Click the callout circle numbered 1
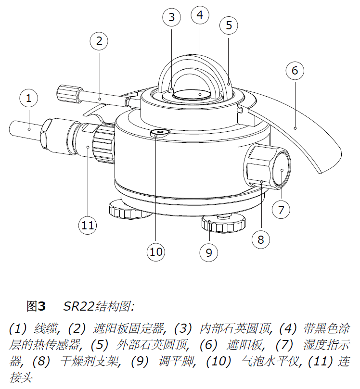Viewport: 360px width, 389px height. [29, 98]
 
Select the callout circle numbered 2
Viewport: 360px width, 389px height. [100, 41]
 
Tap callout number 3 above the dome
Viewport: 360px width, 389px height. [171, 18]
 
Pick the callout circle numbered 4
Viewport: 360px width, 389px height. [200, 15]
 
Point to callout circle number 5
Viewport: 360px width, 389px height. [229, 25]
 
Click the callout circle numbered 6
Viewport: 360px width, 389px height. [295, 71]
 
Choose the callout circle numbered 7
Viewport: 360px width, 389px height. [282, 209]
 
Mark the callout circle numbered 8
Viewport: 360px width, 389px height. [260, 239]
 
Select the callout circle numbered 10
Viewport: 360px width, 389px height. [157, 251]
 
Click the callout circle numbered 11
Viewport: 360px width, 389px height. [89, 225]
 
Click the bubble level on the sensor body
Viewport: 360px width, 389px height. [159, 132]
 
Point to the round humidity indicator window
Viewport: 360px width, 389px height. [281, 170]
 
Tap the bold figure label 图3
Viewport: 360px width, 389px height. [36, 306]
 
